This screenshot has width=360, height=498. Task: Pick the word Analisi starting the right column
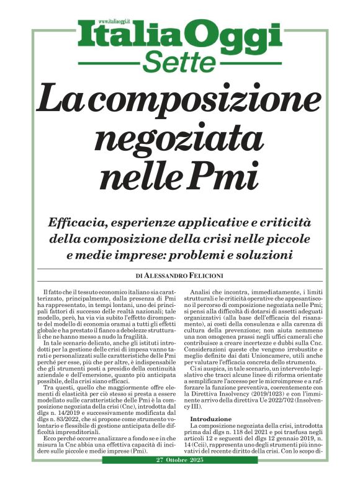(x=200, y=291)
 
